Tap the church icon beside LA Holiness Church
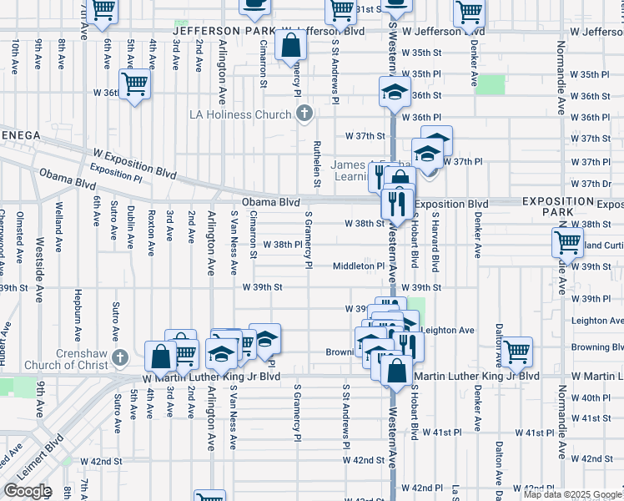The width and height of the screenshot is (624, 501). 304,113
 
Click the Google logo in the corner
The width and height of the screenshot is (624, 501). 28,491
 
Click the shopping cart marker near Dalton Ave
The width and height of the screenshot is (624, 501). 516,350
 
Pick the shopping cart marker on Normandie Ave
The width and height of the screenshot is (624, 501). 568,243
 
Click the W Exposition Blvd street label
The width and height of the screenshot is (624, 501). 134,164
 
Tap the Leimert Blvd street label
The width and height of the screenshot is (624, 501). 33,456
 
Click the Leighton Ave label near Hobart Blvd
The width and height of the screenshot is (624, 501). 448,330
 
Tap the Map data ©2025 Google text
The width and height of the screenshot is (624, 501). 573,494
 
